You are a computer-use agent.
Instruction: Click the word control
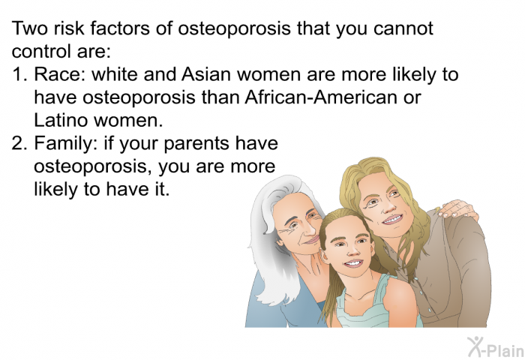37,52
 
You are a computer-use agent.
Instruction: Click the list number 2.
18,143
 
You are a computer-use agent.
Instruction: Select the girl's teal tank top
352,307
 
